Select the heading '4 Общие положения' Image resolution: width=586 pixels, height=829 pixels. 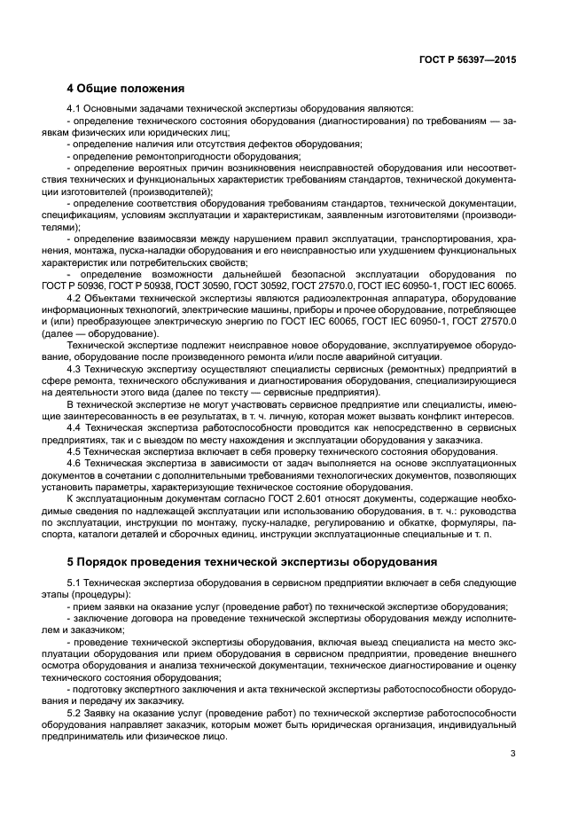pyautogui.click(x=125, y=89)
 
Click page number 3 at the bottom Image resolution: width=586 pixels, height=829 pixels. pyautogui.click(x=513, y=754)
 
